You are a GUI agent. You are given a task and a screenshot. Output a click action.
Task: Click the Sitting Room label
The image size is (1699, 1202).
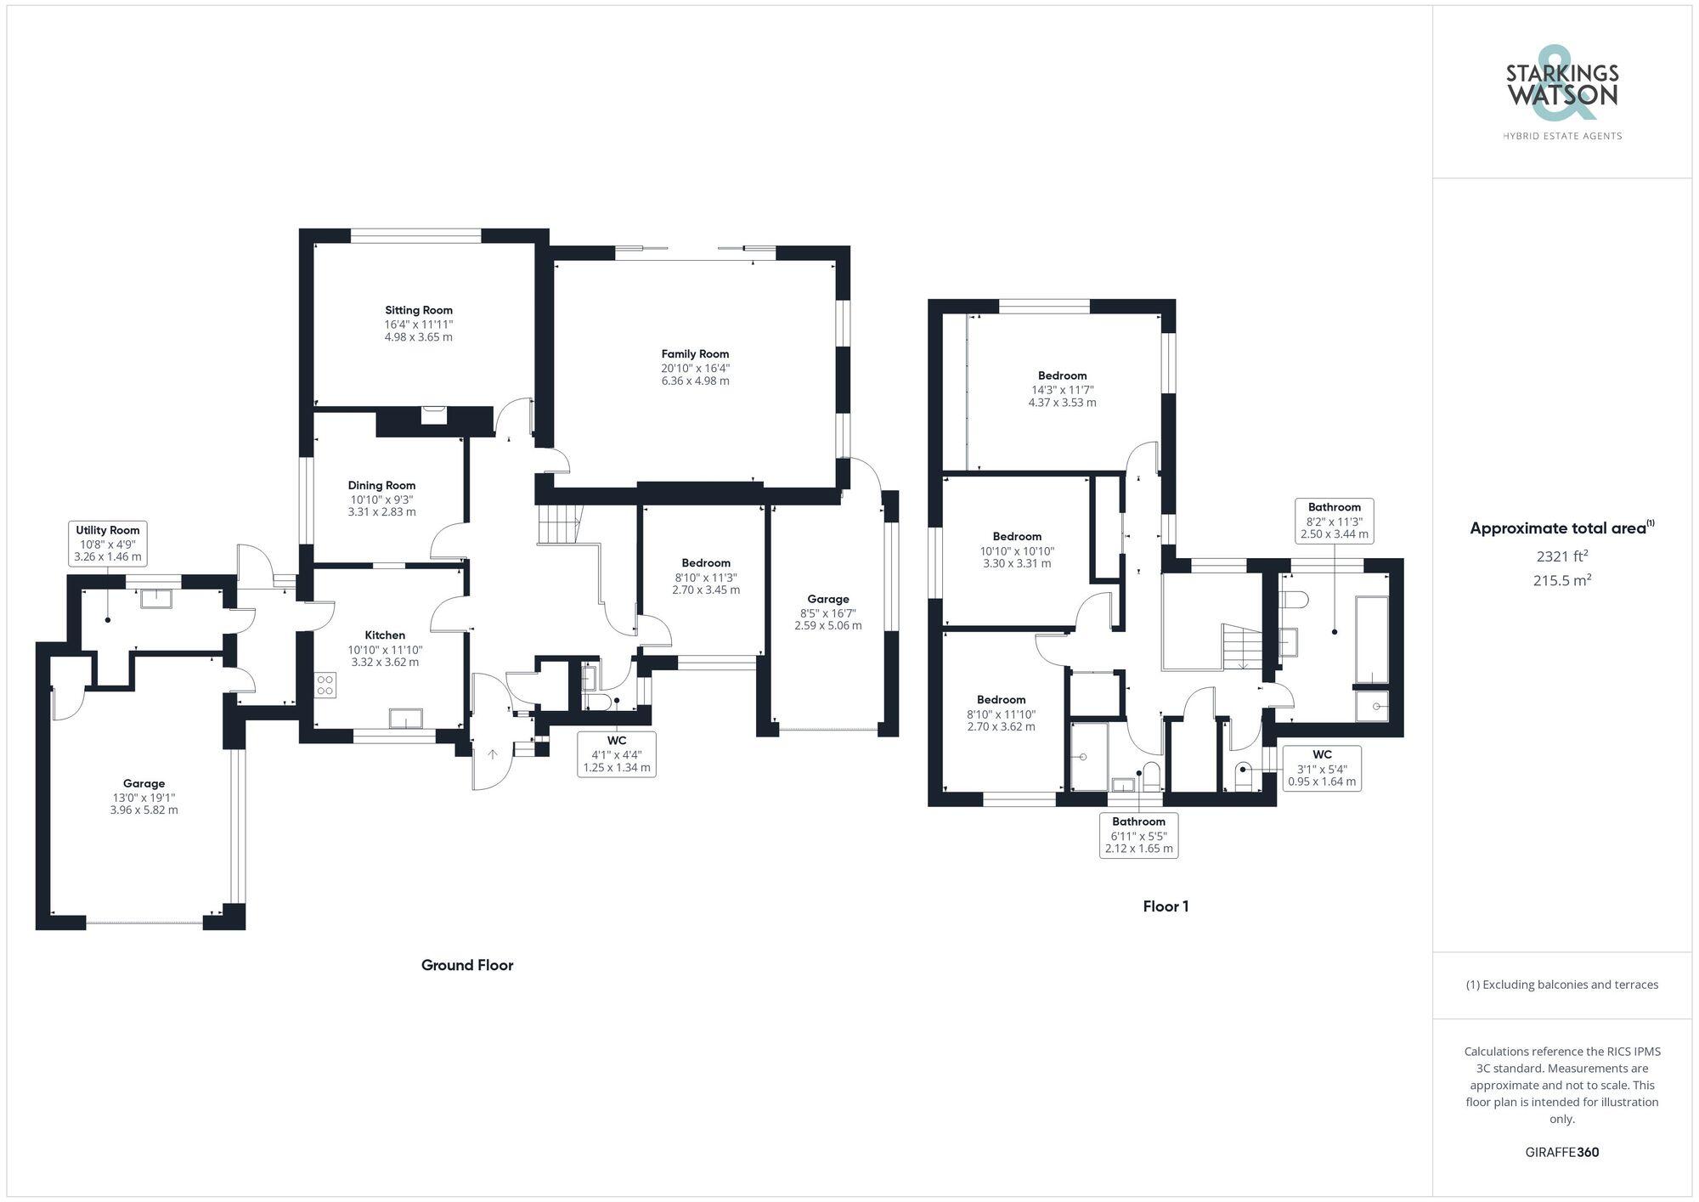[x=419, y=310]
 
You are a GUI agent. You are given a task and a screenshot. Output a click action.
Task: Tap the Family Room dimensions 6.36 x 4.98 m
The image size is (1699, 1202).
[x=695, y=381]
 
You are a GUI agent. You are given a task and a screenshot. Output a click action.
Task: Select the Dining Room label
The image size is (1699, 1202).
[x=381, y=486]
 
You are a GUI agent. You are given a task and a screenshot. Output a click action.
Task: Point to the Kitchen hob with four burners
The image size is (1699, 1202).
[x=325, y=685]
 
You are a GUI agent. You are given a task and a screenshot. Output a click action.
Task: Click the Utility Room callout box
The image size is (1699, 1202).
[x=108, y=544]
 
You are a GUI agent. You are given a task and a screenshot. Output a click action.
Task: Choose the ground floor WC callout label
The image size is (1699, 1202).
[x=617, y=753]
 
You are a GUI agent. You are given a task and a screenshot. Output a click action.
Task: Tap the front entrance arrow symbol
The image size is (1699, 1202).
[x=493, y=754]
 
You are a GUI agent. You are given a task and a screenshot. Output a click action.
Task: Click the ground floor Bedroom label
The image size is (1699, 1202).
[x=706, y=563]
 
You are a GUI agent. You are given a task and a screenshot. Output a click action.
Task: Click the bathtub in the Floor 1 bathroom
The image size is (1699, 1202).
[x=1371, y=639]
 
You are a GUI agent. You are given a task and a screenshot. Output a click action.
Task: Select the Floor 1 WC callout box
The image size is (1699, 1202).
[x=1322, y=768]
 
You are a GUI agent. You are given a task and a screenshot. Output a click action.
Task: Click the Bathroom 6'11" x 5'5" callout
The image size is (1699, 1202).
[x=1138, y=835]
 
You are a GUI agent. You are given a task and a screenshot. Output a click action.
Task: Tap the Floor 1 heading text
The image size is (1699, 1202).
[x=1166, y=906]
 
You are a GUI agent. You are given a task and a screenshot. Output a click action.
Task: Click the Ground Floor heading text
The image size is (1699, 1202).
[x=467, y=965]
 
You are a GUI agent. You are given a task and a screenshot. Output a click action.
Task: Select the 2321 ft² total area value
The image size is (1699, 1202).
[x=1561, y=556]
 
